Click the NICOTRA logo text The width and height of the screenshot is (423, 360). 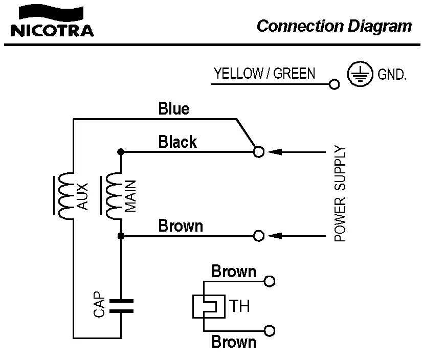pos(52,30)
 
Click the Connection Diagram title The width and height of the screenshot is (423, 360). pos(334,26)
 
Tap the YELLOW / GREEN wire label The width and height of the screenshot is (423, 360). pos(264,73)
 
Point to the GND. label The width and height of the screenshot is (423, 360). pos(392,76)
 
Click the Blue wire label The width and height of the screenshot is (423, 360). pos(174,109)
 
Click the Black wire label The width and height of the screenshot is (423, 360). pos(177,142)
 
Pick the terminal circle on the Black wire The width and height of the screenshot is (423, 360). pos(259,152)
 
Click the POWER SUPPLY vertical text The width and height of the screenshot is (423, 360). pos(340,194)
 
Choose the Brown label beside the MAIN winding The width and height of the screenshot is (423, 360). pos(181,226)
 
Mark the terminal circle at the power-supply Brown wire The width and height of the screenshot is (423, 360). pos(259,236)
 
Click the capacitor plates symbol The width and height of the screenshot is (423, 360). pos(121,305)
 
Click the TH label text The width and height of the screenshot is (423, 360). pos(239,307)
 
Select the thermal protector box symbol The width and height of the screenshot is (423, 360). pos(208,306)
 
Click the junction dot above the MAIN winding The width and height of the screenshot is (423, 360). pos(121,152)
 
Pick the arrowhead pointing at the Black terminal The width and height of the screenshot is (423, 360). pos(275,152)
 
